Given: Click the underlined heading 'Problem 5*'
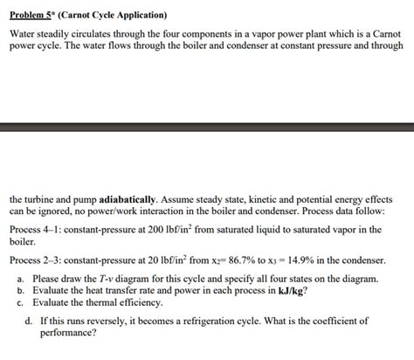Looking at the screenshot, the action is (x=34, y=16).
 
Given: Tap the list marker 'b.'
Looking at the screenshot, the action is (x=20, y=290).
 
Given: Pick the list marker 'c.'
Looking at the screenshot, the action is (x=20, y=301).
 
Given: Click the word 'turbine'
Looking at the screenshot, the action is (x=38, y=198).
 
